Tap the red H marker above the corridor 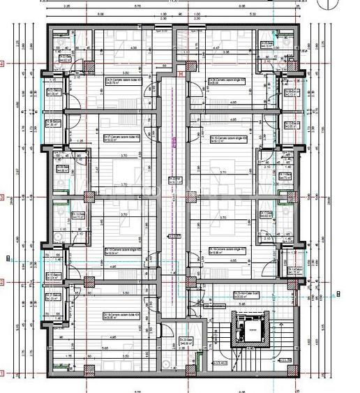click(x=181, y=71)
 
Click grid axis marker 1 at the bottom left click(x=3, y=373)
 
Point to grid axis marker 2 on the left click(x=3, y=282)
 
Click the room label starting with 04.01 click(x=120, y=80)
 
